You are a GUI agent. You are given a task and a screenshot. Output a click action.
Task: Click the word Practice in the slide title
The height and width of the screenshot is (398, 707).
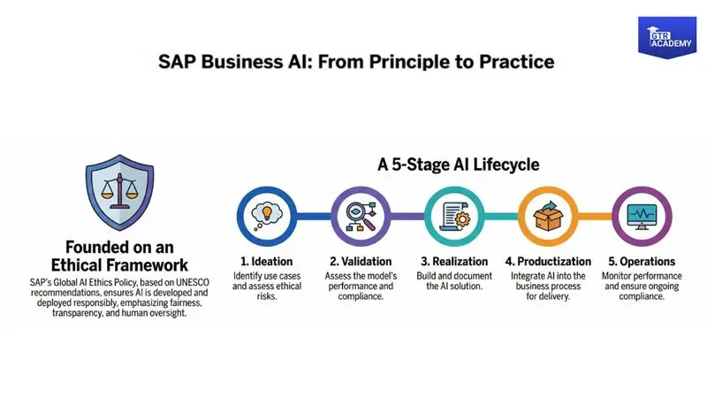[515, 62]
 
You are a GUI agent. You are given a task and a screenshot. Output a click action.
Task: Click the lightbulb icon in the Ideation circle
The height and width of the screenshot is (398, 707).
[266, 216]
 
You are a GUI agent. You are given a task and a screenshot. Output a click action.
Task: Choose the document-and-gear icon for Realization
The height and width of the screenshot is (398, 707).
[452, 216]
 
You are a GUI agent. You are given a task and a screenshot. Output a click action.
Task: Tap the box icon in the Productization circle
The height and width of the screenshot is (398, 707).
[545, 216]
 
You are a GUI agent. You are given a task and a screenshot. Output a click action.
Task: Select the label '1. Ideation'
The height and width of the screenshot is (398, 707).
[267, 262]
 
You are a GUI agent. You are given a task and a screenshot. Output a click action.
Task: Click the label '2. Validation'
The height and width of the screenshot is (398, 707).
[360, 262]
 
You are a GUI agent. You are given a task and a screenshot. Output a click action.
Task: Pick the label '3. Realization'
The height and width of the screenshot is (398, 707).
[452, 262]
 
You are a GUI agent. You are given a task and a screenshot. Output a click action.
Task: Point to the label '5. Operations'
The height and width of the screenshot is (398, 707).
[641, 262]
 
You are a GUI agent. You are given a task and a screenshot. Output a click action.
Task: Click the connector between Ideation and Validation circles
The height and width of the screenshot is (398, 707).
[313, 217]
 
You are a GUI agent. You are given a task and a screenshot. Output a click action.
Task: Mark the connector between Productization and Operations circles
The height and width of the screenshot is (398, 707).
[593, 217]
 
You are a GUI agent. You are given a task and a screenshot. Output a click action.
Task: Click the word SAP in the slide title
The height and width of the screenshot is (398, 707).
[176, 62]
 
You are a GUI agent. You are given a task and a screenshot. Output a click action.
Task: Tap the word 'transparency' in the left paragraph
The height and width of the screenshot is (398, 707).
[84, 313]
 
